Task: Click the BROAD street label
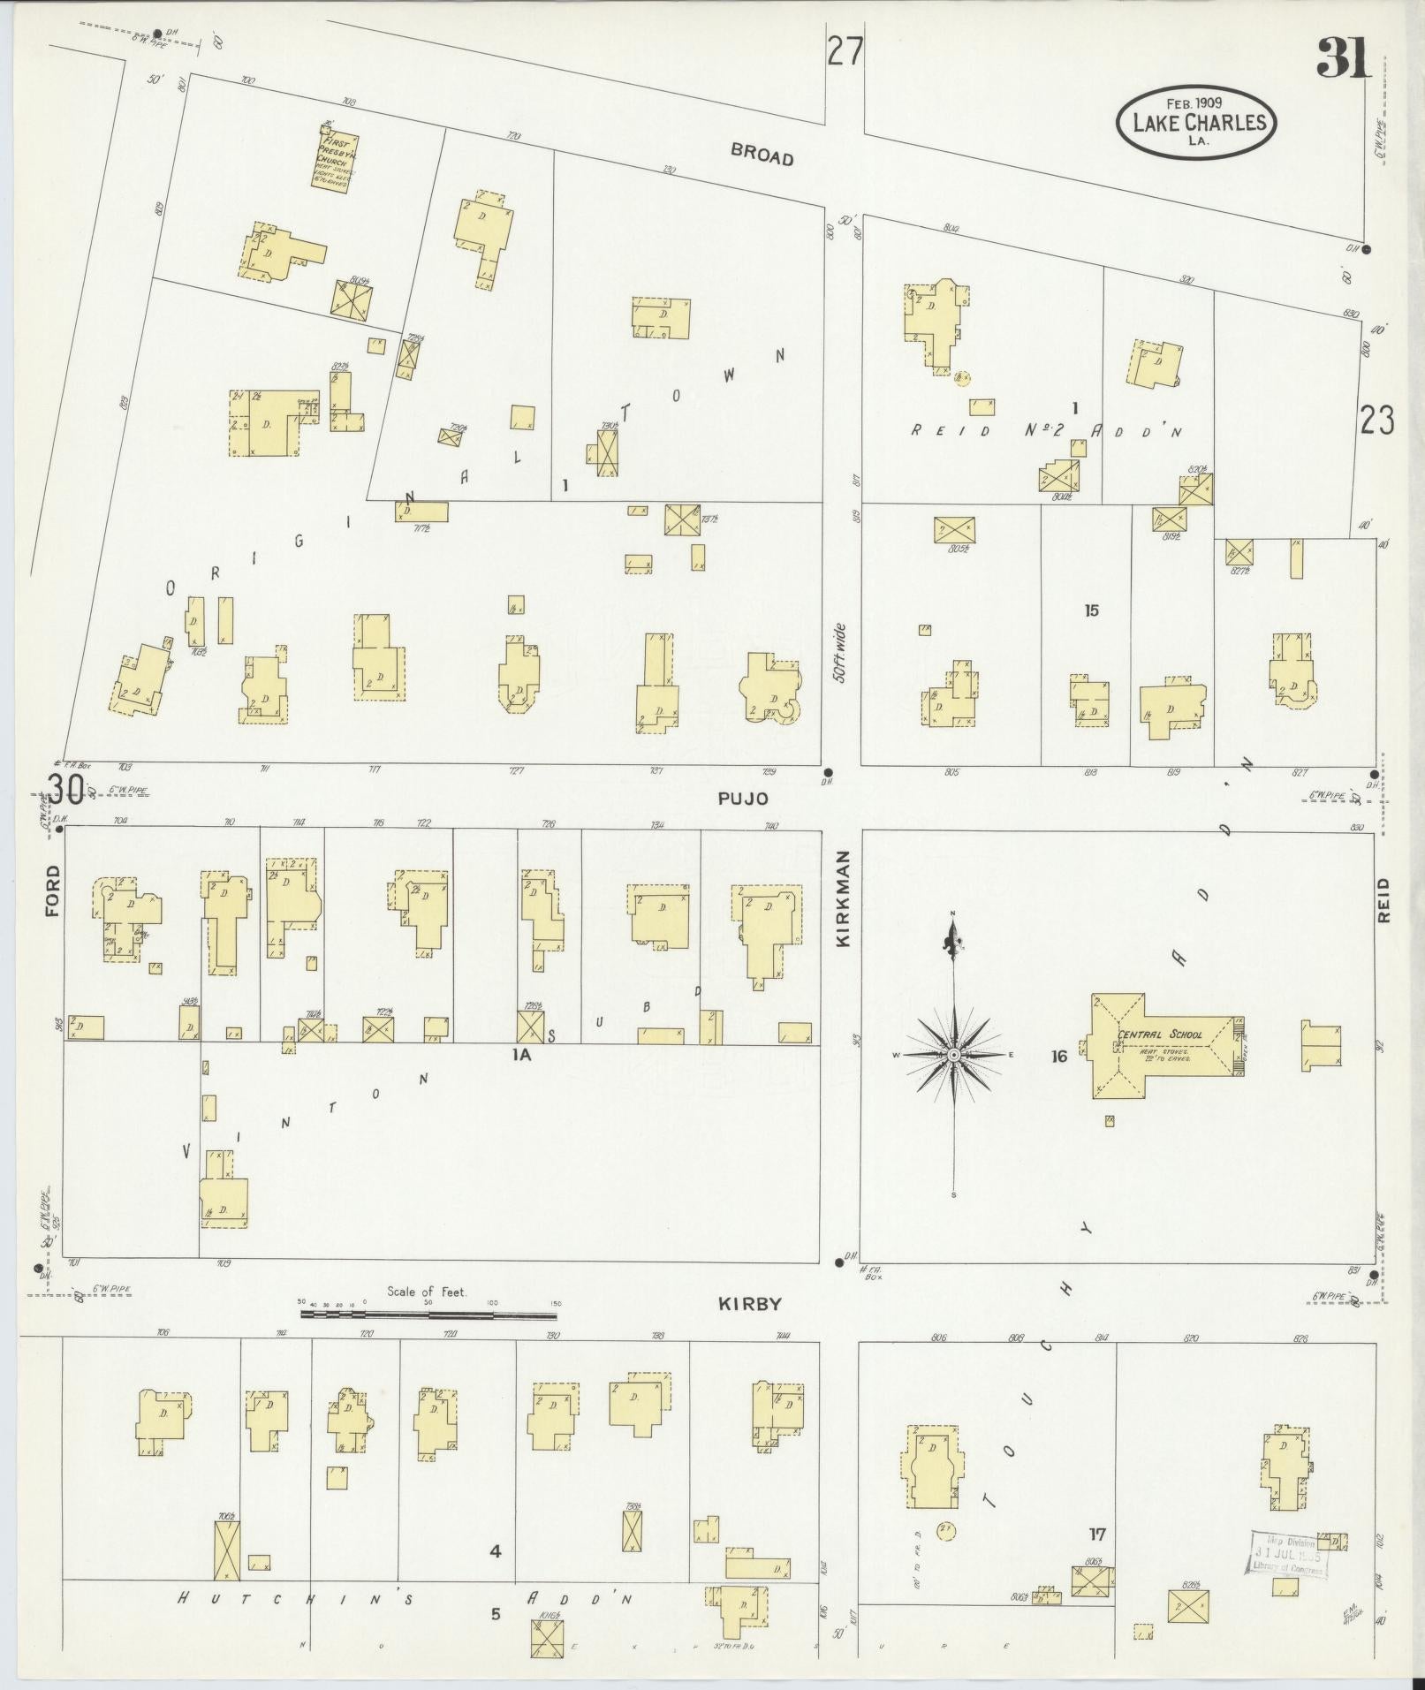pos(762,155)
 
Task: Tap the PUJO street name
pos(742,799)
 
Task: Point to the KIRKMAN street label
pos(843,898)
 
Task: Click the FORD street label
pos(52,890)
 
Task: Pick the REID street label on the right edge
pos(1383,899)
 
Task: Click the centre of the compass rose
pos(954,1055)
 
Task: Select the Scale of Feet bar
pos(428,1315)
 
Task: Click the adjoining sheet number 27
pos(845,52)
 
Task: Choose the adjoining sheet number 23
pos(1377,421)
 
